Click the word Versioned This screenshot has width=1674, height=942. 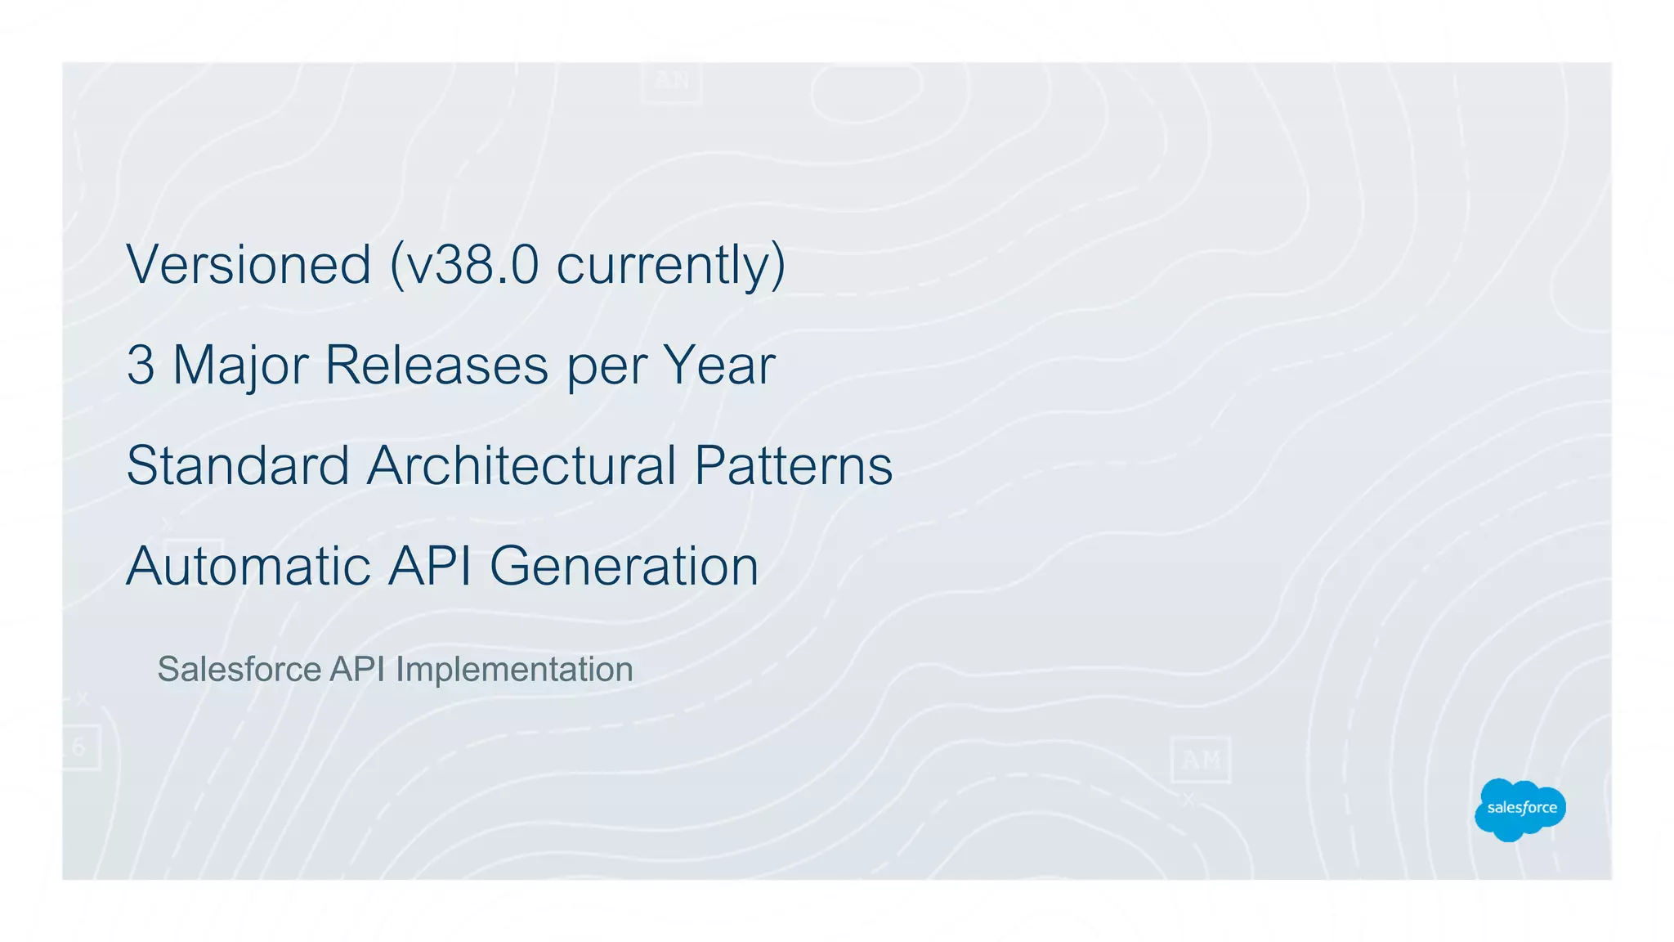[248, 265]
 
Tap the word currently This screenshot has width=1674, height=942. [662, 265]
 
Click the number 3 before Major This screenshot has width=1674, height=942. [141, 366]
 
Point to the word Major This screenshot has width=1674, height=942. [240, 366]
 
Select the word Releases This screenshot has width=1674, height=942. [436, 366]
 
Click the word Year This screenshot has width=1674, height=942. [718, 366]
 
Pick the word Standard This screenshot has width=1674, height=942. [238, 466]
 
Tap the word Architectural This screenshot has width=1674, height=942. [521, 466]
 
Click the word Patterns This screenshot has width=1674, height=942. [793, 466]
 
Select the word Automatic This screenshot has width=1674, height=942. [248, 566]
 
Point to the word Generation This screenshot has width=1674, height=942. [624, 566]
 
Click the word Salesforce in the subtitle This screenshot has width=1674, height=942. [239, 670]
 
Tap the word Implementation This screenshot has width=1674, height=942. [514, 670]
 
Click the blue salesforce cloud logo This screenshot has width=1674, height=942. [1520, 809]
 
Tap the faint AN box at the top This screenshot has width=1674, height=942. [671, 81]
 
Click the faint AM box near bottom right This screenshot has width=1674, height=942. [1200, 760]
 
